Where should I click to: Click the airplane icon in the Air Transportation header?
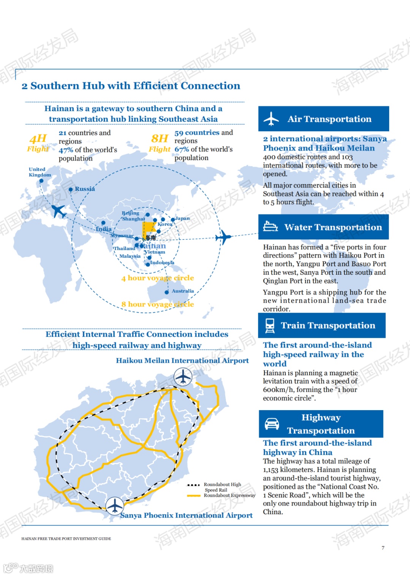pyautogui.click(x=271, y=119)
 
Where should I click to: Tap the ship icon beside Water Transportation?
pyautogui.click(x=270, y=227)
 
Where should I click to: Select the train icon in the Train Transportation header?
pyautogui.click(x=270, y=326)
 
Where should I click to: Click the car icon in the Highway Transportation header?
pyautogui.click(x=272, y=424)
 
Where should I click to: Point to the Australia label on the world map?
pyautogui.click(x=183, y=291)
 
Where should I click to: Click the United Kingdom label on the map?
pyautogui.click(x=39, y=172)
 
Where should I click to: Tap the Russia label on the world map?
pyautogui.click(x=85, y=189)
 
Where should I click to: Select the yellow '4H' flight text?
pyautogui.click(x=38, y=138)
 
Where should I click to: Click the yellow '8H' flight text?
pyautogui.click(x=159, y=138)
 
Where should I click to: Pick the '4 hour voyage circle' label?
pyautogui.click(x=158, y=278)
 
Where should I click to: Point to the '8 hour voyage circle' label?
pyautogui.click(x=158, y=304)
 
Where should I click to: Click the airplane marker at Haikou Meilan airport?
pyautogui.click(x=183, y=377)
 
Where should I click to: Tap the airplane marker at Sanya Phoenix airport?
pyautogui.click(x=115, y=506)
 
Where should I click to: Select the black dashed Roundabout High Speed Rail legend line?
pyautogui.click(x=194, y=485)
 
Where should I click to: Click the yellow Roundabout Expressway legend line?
pyautogui.click(x=194, y=496)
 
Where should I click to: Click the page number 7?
pyautogui.click(x=383, y=548)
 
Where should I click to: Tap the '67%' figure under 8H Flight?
pyautogui.click(x=181, y=150)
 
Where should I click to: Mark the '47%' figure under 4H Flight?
pyautogui.click(x=66, y=150)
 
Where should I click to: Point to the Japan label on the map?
pyautogui.click(x=183, y=219)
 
